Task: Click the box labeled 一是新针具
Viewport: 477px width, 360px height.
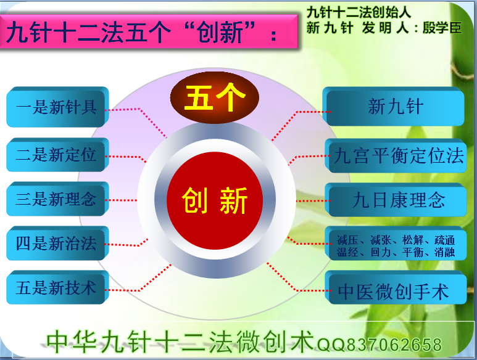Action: click(x=57, y=107)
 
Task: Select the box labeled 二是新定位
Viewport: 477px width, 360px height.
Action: click(x=57, y=155)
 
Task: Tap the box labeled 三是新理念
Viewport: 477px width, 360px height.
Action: click(x=57, y=199)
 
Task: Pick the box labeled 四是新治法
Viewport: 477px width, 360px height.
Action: click(x=57, y=243)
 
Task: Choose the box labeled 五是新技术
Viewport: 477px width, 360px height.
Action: click(x=57, y=287)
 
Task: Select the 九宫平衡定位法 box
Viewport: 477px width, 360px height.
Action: click(x=396, y=155)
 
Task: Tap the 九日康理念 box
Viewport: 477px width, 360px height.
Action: click(x=396, y=200)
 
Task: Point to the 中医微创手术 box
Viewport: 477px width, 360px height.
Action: click(x=396, y=288)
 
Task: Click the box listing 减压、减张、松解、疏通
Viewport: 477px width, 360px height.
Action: click(x=396, y=243)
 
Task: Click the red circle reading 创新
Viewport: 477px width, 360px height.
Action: click(x=215, y=200)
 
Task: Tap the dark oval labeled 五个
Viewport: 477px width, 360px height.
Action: click(x=215, y=97)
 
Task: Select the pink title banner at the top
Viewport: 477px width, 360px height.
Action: click(x=149, y=31)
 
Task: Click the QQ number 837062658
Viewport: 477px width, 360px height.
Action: click(x=394, y=345)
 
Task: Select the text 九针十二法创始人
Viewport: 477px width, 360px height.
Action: click(x=359, y=12)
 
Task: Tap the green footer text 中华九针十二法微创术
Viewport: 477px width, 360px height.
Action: click(x=180, y=342)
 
